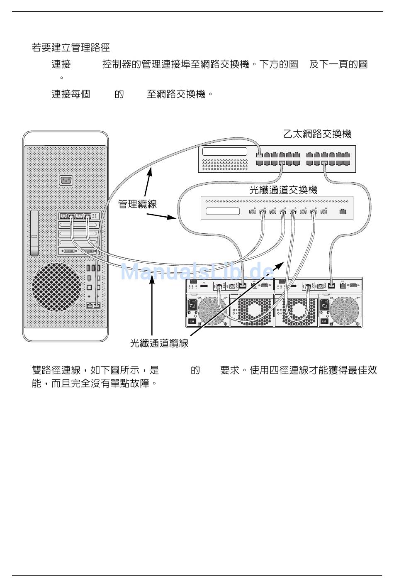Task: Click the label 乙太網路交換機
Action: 317,134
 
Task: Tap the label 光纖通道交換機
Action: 284,190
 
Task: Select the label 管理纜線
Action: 137,204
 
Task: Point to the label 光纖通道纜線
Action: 159,343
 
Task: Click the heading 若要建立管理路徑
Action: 71,48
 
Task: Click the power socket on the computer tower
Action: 66,180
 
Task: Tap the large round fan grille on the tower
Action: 56,287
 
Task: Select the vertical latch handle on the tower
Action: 34,233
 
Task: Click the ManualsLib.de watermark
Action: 197,271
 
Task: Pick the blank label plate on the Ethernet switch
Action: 225,152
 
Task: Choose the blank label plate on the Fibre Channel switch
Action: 223,211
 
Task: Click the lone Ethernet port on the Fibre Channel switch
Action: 343,211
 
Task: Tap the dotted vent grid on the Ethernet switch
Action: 225,164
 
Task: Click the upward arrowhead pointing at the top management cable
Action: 150,170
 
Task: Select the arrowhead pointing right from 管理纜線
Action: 171,217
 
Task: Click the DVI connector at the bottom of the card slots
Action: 69,251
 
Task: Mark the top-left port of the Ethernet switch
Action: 259,154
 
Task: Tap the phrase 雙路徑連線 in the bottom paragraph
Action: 56,370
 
